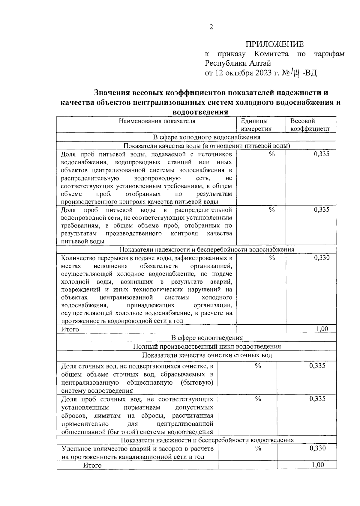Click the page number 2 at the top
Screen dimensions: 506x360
tap(211, 27)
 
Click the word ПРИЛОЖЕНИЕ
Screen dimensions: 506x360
tap(275, 44)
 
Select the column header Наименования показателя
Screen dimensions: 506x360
tap(157, 121)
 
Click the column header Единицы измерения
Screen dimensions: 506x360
tap(256, 125)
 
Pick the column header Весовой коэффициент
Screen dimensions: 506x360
tap(310, 125)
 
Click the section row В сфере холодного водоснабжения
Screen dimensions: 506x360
tap(207, 137)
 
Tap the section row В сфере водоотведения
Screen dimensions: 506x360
tap(207, 338)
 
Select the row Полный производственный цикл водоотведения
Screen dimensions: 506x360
tap(207, 346)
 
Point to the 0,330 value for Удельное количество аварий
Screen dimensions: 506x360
tap(317, 448)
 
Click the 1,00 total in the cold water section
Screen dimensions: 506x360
tap(322, 329)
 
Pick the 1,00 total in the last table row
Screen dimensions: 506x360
tap(318, 465)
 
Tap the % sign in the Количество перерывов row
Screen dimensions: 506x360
tap(272, 258)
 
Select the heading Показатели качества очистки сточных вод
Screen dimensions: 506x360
tap(207, 355)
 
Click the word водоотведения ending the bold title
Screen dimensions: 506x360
tap(200, 112)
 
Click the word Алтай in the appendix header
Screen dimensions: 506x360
tap(260, 63)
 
